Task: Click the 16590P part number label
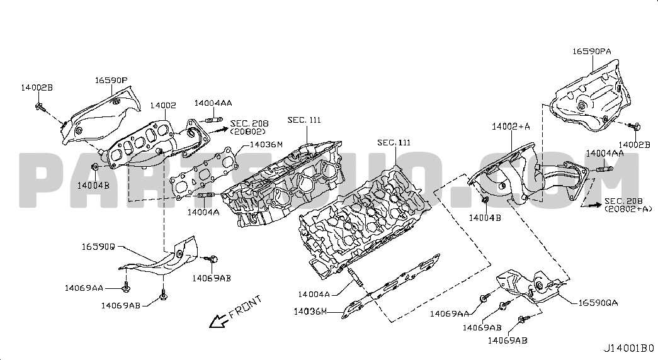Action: point(111,81)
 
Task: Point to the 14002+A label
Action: point(511,127)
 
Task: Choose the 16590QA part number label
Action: point(599,303)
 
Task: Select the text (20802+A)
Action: point(628,209)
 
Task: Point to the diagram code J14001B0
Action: point(629,348)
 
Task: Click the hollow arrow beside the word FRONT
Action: point(218,321)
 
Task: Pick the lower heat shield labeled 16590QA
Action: point(527,286)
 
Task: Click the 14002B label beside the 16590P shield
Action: point(37,87)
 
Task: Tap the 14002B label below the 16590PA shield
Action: point(634,144)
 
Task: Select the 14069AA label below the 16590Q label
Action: point(84,288)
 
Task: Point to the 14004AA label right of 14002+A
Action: point(605,153)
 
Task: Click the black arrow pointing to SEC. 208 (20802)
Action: point(218,130)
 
